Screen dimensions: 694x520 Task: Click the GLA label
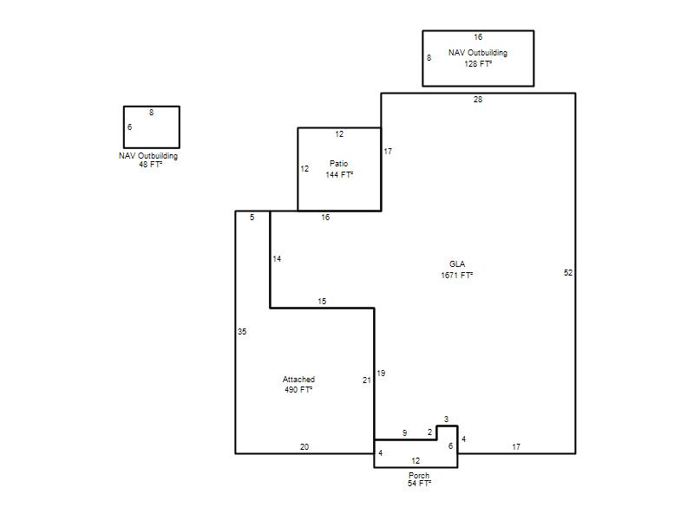(x=457, y=264)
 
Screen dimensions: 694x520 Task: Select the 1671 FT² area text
(x=457, y=275)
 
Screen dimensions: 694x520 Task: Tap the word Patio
(x=338, y=164)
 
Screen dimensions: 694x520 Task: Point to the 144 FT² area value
(x=339, y=175)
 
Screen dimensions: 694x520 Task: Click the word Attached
(x=298, y=380)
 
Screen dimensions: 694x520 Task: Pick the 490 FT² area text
(x=298, y=389)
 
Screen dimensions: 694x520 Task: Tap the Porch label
(x=419, y=475)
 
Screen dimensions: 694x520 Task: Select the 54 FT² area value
(x=419, y=484)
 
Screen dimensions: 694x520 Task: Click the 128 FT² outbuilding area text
(x=478, y=63)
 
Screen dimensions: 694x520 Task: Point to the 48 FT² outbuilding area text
(x=150, y=164)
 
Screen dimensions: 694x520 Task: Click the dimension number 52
(x=568, y=273)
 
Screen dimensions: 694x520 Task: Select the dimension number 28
(x=478, y=100)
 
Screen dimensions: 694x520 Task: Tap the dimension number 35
(x=242, y=332)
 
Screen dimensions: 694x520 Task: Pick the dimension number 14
(x=277, y=258)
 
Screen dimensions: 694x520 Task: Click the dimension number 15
(x=322, y=301)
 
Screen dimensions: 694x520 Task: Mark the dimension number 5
(x=252, y=218)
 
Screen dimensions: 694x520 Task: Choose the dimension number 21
(x=366, y=380)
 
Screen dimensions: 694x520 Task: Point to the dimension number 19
(x=381, y=374)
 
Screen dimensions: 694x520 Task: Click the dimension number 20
(x=304, y=447)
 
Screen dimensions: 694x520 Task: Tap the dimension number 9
(x=404, y=432)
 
